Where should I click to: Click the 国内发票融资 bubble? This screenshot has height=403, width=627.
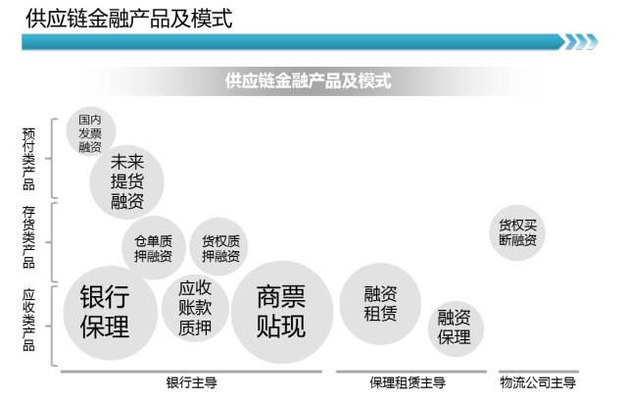89,132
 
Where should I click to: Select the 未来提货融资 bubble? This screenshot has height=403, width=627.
127,181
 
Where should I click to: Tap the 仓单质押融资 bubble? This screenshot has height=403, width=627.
153,249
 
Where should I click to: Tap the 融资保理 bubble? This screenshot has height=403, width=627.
455,327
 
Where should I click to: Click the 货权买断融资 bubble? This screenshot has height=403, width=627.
517,231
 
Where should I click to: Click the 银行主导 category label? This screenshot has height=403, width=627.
192,382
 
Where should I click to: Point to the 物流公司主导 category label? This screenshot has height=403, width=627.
538,382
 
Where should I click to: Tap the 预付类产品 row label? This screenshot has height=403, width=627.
28,157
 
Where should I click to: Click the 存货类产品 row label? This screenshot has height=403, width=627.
28,236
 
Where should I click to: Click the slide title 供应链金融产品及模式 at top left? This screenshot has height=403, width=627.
127,18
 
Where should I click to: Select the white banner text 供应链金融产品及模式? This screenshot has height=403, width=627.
308,80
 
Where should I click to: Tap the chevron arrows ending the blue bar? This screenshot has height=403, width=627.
580,41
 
